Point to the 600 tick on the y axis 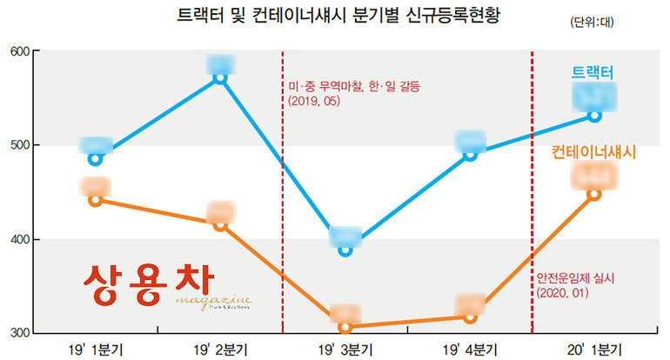[x=18, y=51]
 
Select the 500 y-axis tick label [x=18, y=145]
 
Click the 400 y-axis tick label [x=18, y=239]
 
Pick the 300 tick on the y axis [x=18, y=333]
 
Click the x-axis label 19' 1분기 [x=96, y=349]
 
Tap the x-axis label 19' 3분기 [x=345, y=349]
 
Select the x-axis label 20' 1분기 [x=594, y=349]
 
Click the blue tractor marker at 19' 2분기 [x=220, y=77]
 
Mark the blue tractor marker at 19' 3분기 [x=345, y=250]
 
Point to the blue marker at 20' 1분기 [x=594, y=115]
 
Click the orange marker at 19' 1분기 [x=96, y=200]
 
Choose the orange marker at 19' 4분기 [x=471, y=317]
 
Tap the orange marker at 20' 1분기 [x=594, y=194]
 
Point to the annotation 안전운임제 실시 [x=575, y=278]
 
